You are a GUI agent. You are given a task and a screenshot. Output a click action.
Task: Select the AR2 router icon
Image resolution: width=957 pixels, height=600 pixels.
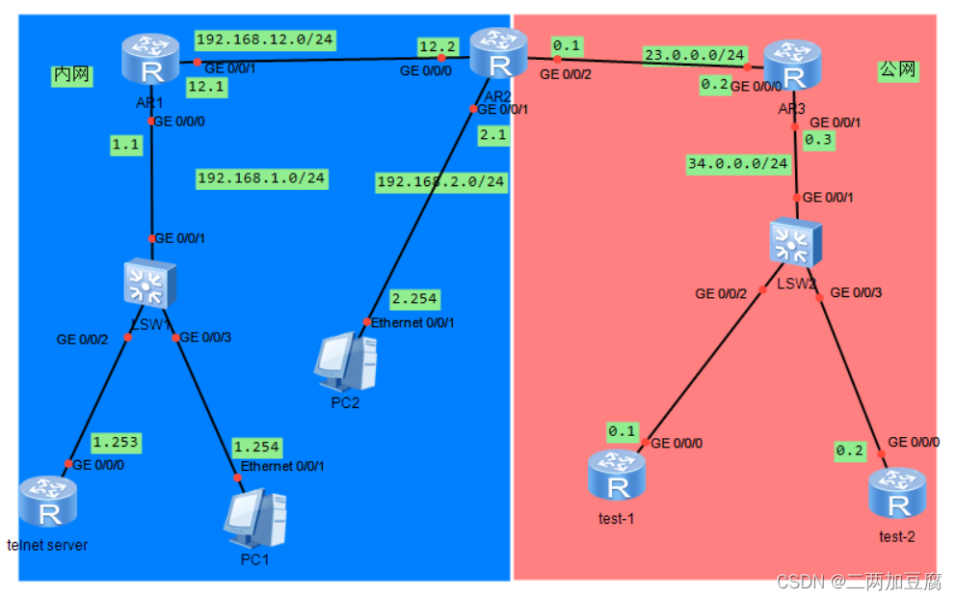pos(498,53)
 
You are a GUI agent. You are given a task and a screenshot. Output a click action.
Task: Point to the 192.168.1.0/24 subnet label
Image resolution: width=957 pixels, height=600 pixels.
pos(262,178)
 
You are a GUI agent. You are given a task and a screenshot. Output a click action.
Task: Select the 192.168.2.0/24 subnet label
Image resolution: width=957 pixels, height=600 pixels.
pos(440,181)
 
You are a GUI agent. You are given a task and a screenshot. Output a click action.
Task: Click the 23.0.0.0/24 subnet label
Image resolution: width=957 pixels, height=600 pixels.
pos(694,55)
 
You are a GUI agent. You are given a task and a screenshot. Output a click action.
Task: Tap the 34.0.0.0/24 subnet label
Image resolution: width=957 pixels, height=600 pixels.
pos(737,163)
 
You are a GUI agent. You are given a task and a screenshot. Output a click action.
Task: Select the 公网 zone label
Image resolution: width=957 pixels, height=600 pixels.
pos(896,69)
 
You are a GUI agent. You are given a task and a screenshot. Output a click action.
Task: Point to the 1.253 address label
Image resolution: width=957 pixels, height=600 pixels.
pos(116,443)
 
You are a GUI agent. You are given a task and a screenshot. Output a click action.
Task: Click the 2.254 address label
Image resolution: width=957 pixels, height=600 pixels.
pos(415,299)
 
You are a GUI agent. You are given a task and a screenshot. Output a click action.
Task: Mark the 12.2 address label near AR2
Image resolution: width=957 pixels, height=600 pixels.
pos(436,46)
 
